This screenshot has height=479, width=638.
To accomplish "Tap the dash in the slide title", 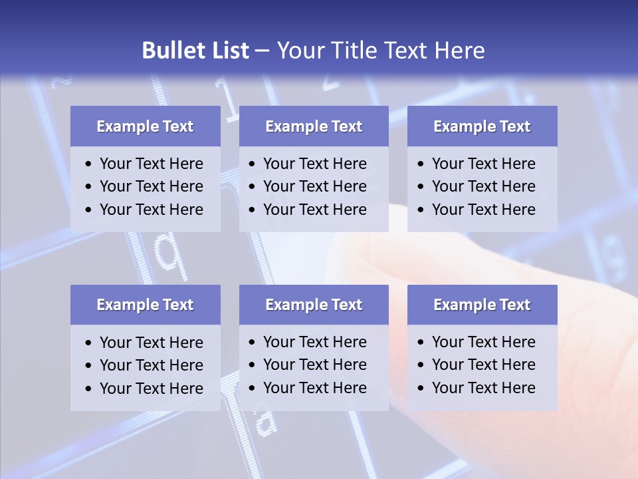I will (262, 51).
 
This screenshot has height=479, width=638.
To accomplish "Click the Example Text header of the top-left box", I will (145, 126).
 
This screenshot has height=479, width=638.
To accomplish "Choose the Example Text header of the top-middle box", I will (314, 126).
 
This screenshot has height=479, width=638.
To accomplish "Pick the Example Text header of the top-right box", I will (482, 126).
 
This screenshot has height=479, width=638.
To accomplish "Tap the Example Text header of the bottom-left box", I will (145, 305).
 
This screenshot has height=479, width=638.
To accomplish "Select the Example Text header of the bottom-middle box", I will (314, 305).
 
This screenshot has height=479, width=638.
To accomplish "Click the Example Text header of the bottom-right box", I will (482, 305).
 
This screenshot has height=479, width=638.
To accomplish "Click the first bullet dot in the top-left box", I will (89, 164).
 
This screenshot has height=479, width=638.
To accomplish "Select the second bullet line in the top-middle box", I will (314, 186).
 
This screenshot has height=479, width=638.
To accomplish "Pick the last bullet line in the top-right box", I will (483, 210).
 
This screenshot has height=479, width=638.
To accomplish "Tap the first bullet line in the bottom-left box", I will (151, 343).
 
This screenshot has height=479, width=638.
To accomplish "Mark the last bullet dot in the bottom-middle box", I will (253, 389).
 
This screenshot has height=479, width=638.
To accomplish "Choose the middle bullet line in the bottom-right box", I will (483, 365).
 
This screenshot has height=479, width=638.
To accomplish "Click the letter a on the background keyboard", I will (264, 420).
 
